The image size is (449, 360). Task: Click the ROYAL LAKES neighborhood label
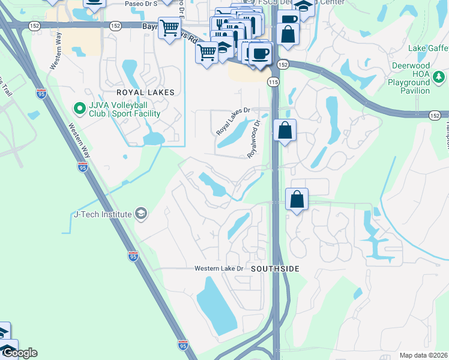click(x=145, y=92)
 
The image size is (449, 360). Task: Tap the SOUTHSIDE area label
click(x=275, y=269)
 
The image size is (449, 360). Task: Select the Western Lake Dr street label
click(x=218, y=268)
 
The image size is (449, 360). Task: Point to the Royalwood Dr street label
click(x=255, y=139)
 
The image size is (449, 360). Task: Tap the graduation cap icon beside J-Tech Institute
click(x=140, y=214)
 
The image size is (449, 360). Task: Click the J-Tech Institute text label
click(x=102, y=214)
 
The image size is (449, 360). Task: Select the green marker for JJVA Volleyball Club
click(x=79, y=108)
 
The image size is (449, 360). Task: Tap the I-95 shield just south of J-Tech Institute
click(x=133, y=257)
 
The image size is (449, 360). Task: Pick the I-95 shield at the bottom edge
click(x=183, y=345)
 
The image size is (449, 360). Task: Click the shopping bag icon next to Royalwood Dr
click(x=285, y=130)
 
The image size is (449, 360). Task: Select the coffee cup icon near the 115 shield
click(x=260, y=54)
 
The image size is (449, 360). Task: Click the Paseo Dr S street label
click(x=140, y=4)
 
